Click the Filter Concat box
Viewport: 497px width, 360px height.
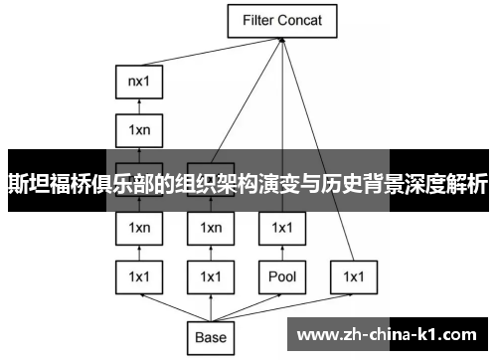(x=283, y=19)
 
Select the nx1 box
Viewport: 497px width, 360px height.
(x=138, y=80)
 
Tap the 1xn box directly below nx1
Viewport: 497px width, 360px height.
(x=138, y=130)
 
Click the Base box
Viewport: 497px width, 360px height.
(x=210, y=337)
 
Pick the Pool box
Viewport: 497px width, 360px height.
(x=281, y=275)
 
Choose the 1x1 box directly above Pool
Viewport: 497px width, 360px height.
(x=281, y=228)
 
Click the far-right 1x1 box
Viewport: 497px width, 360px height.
(x=353, y=275)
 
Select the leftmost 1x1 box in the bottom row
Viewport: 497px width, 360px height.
(x=138, y=275)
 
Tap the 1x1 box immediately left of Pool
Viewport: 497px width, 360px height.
(x=210, y=275)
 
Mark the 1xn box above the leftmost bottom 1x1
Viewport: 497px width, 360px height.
(x=138, y=228)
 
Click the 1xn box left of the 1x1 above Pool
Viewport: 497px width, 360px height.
(x=210, y=228)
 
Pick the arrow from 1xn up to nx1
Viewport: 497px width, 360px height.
(x=138, y=105)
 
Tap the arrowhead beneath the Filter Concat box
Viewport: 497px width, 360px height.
(x=283, y=40)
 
